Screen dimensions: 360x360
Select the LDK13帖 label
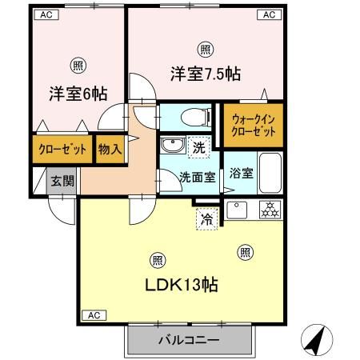pos(182,285)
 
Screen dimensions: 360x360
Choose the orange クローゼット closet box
pos(62,149)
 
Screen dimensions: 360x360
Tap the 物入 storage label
pos(110,149)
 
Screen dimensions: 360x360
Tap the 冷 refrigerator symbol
pos(205,217)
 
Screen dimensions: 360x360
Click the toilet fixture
pos(188,117)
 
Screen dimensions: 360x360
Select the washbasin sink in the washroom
pos(173,147)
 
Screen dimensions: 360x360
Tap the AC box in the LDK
pos(93,314)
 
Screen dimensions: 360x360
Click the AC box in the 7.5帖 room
pos(268,14)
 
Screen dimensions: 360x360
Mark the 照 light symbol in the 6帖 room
pos(78,65)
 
